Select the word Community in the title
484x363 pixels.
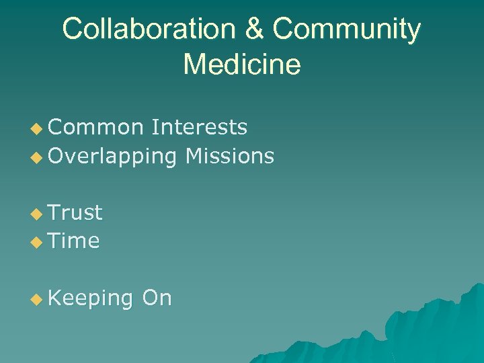(x=347, y=30)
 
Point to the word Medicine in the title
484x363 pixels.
(x=242, y=65)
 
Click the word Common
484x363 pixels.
(x=96, y=127)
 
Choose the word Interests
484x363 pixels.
(x=200, y=127)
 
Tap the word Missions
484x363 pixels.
(x=230, y=157)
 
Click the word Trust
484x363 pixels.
(x=76, y=212)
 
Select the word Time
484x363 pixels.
(x=74, y=241)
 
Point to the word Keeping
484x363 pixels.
(x=91, y=298)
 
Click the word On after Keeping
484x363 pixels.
(x=157, y=297)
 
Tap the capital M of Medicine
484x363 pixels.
(x=195, y=65)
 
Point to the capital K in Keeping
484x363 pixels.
(x=55, y=297)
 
